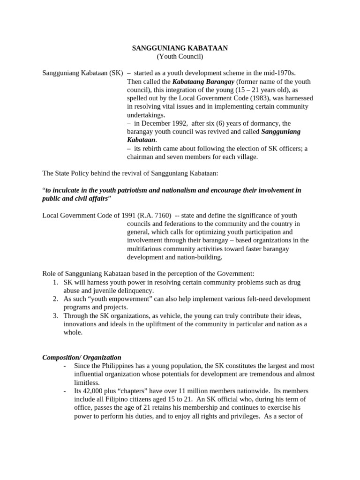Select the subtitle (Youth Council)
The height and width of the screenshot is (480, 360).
tap(180, 57)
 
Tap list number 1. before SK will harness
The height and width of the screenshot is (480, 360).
tap(55, 282)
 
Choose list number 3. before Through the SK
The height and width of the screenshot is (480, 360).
tap(55, 315)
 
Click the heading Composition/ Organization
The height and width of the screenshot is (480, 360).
tap(82, 357)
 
